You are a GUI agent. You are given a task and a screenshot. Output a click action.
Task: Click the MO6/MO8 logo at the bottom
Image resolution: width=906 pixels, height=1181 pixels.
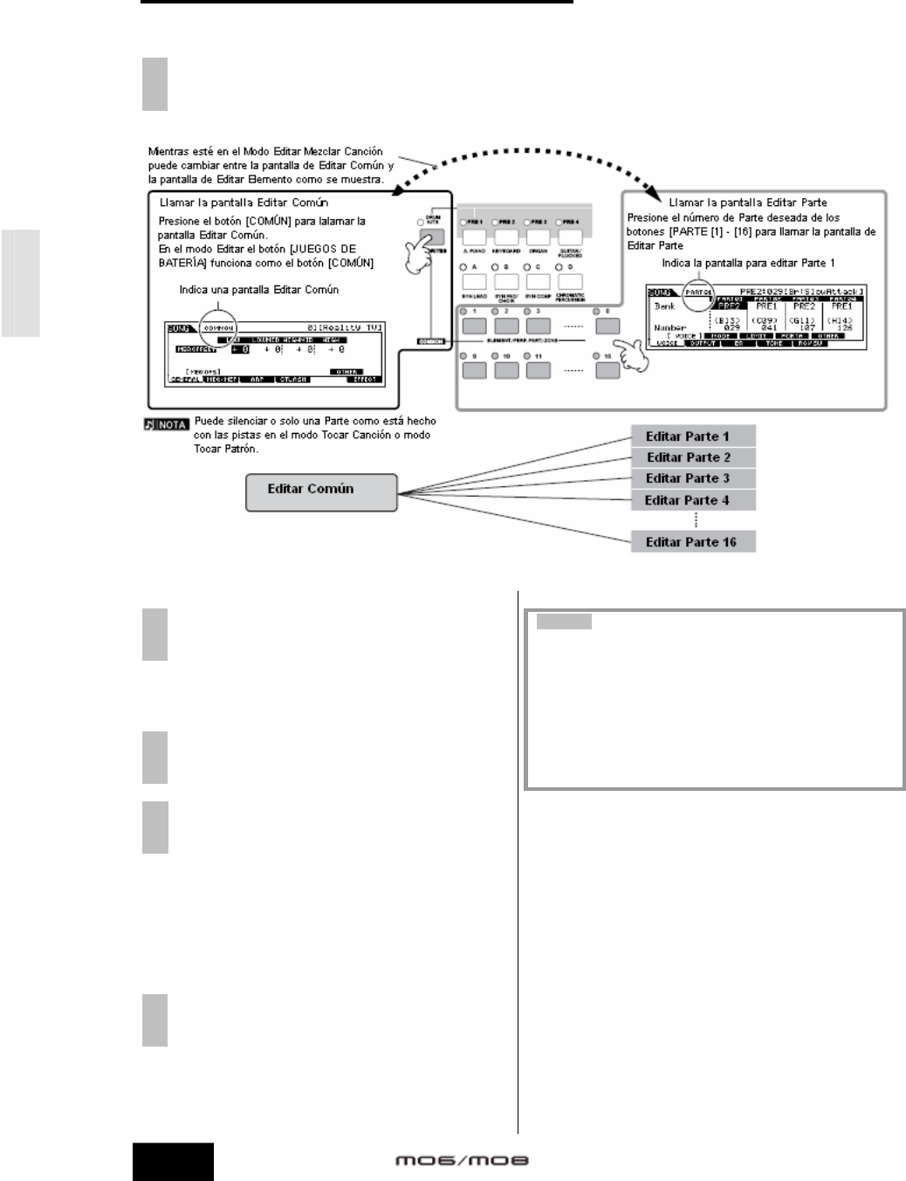click(462, 1161)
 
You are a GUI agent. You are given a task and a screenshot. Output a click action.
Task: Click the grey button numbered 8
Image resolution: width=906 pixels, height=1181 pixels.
click(607, 326)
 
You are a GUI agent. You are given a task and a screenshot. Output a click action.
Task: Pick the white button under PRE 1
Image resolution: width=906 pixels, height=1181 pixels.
click(474, 236)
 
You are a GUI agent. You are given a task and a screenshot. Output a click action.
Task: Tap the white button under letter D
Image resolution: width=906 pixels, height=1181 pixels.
click(570, 281)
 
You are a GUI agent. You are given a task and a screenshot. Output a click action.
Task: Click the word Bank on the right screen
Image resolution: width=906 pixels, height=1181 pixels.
click(665, 306)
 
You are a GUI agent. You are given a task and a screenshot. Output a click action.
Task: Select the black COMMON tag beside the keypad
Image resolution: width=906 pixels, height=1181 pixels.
click(430, 340)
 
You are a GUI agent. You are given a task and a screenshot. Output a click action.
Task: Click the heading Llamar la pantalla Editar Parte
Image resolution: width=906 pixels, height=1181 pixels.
click(747, 203)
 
